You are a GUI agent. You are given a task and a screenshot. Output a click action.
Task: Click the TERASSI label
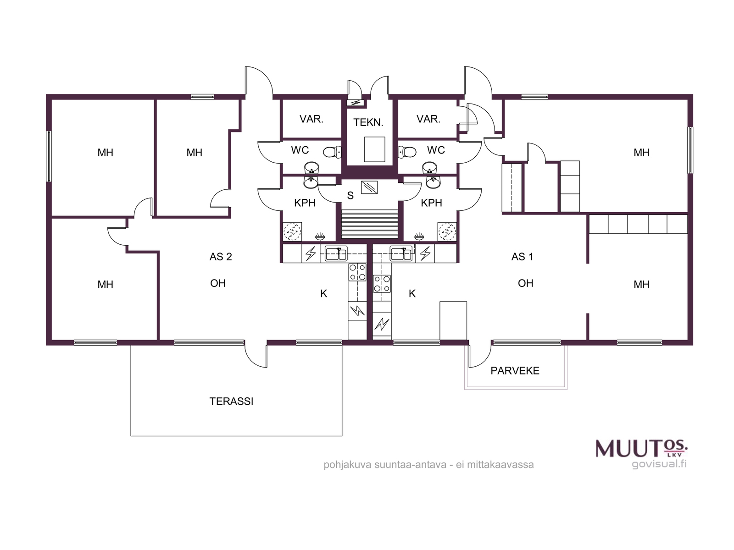point(231,401)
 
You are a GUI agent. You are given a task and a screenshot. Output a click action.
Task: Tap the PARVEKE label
point(515,371)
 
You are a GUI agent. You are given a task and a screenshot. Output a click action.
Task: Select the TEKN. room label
point(368,122)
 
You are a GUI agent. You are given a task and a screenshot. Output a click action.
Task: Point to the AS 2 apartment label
point(220,257)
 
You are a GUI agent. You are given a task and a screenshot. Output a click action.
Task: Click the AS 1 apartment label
point(522,257)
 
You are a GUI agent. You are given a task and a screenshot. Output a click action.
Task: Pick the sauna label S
point(350,195)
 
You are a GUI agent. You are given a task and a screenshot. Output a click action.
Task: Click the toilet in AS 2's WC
point(332,152)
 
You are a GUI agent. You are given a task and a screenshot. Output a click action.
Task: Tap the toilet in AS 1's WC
point(407,152)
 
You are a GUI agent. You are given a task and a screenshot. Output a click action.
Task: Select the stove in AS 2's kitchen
point(357,272)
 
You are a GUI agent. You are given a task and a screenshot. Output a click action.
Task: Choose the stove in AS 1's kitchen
point(382,284)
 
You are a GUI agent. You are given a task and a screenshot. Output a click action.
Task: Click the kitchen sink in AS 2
point(336,253)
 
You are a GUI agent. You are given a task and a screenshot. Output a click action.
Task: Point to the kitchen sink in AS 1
point(401,253)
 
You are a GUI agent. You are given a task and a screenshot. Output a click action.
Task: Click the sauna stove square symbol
point(369,187)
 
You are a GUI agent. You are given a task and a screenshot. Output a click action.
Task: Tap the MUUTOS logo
point(642,449)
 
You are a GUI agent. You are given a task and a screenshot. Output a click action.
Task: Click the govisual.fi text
point(659,464)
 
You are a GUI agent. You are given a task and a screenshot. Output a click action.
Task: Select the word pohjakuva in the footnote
point(347,465)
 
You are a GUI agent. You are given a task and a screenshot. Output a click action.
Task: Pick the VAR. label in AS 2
point(311,119)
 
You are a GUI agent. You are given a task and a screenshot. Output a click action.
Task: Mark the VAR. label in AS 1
point(428,119)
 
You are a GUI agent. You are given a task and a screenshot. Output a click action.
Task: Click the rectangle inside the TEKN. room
point(374,149)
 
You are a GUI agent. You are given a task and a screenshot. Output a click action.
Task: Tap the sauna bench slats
point(369,224)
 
